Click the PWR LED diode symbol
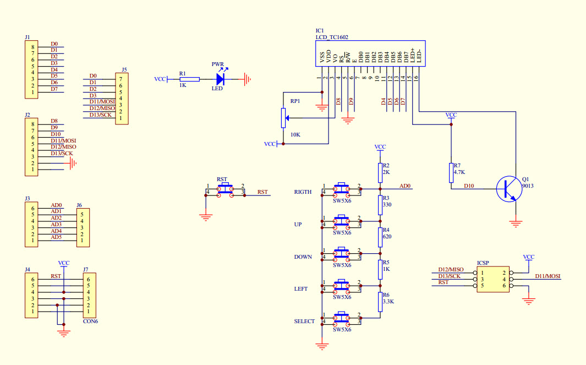[x=221, y=79]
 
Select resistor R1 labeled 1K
[x=189, y=79]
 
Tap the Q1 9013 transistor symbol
[x=507, y=188]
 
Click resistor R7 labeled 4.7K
[x=451, y=172]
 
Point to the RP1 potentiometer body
[x=283, y=117]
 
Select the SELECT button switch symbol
[x=341, y=319]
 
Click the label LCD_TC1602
[x=331, y=37]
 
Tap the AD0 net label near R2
[x=405, y=186]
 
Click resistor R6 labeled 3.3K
[x=380, y=302]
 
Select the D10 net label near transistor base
[x=468, y=186]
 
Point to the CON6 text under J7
[x=90, y=321]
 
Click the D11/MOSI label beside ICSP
[x=547, y=276]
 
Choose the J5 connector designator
[x=124, y=70]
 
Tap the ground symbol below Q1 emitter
[x=516, y=223]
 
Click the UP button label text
[x=298, y=225]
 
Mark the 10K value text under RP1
[x=295, y=134]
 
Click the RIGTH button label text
[x=303, y=192]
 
